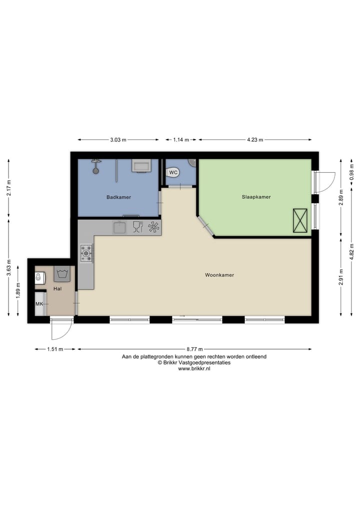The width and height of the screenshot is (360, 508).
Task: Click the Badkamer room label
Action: [118, 197]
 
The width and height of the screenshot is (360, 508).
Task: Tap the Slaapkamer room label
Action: [256, 197]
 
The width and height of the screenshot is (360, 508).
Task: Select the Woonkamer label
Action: [219, 275]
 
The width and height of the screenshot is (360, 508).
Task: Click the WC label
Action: [173, 172]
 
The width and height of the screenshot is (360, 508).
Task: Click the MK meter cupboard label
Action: [39, 304]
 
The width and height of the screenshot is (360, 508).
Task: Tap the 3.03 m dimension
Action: [118, 140]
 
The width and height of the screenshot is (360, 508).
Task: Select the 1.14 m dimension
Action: [180, 140]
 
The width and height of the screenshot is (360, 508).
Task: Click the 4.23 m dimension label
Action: [255, 140]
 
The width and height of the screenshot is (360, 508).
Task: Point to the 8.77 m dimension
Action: [194, 349]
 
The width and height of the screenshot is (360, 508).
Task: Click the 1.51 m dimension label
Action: [55, 349]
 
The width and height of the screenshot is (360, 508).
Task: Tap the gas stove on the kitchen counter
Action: [86, 253]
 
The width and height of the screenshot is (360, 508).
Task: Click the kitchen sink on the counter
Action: [120, 228]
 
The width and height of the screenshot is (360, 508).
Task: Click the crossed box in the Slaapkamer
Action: [300, 220]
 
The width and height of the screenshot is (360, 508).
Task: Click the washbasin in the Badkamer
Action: [141, 165]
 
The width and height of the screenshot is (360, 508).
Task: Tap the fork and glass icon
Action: [137, 227]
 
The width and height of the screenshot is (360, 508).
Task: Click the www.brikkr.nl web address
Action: [194, 369]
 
